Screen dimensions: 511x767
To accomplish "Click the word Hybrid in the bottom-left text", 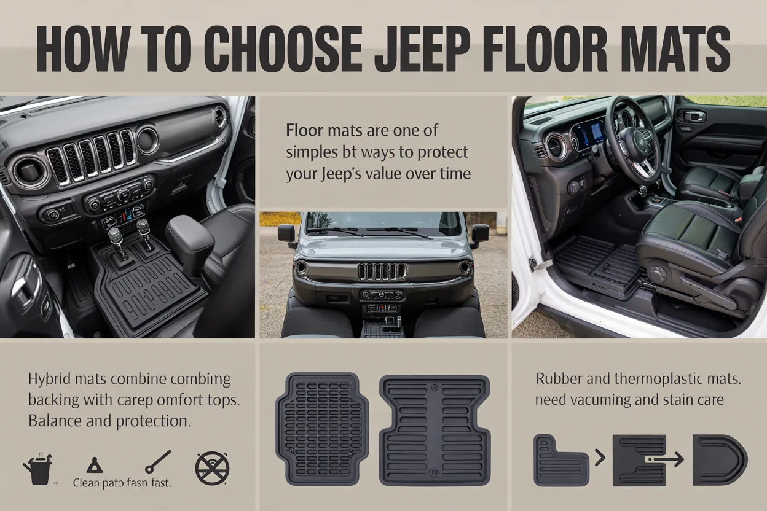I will coord(49,379).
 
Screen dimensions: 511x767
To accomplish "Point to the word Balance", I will coord(58,422).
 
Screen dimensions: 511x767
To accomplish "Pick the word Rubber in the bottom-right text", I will coord(558,379).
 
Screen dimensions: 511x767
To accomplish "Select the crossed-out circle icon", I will coord(212,469).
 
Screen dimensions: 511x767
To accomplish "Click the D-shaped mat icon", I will coord(719,459).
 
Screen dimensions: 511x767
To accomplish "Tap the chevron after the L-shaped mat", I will coord(599,458).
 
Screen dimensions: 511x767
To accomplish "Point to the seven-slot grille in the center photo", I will coord(382,271).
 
